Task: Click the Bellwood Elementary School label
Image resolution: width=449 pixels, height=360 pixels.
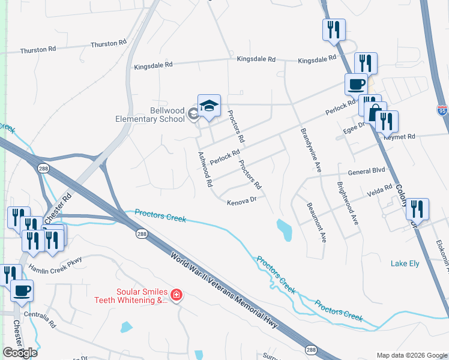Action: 150,114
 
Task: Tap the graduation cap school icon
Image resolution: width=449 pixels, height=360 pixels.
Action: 209,106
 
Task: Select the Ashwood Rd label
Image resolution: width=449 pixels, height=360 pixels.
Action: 205,170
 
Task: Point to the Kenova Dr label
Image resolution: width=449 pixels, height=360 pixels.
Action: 242,202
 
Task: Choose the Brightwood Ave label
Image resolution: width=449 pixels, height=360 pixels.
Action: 348,203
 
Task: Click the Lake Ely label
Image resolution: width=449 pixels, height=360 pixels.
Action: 405,263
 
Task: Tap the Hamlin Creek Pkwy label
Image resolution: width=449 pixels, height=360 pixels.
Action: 55,264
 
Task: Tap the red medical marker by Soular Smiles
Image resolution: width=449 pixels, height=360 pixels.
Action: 176,294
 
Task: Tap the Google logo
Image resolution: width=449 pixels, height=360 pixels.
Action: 20,352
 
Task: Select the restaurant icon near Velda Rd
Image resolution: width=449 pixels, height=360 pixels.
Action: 417,209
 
